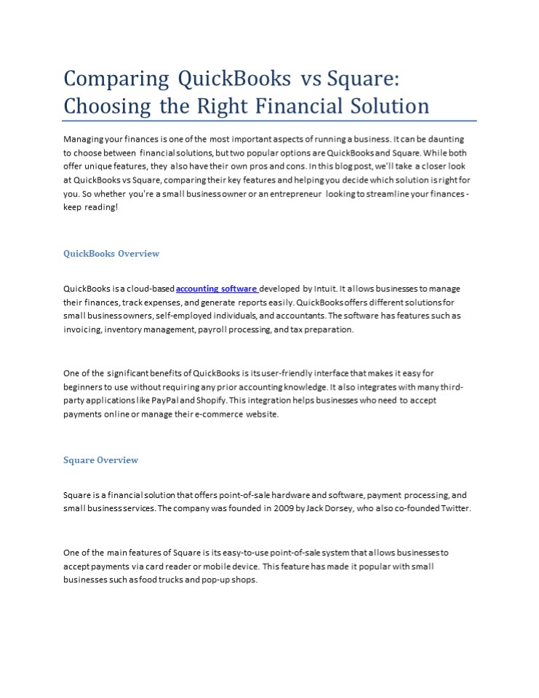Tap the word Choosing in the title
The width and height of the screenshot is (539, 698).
[x=108, y=106]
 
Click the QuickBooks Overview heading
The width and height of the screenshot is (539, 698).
[x=111, y=254]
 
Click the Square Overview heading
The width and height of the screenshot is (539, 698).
[x=100, y=460]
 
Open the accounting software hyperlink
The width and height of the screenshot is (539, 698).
[x=217, y=289]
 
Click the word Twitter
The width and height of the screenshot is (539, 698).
[x=456, y=509]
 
